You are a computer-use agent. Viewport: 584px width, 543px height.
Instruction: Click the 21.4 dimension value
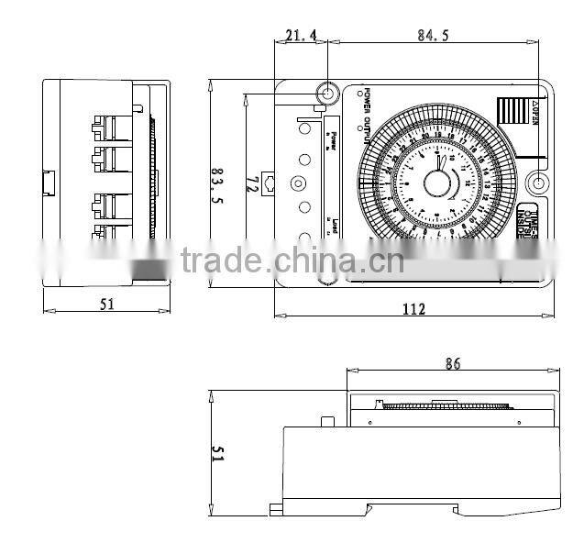coord(300,35)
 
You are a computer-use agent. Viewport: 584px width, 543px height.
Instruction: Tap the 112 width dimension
coord(413,309)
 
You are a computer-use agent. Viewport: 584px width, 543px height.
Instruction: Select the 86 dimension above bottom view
coord(452,364)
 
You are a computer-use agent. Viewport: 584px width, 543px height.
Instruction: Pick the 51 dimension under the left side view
coord(107,305)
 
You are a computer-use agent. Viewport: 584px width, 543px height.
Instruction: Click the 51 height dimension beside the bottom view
coord(218,454)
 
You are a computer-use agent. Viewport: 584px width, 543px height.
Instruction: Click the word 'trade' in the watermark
coord(220,260)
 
